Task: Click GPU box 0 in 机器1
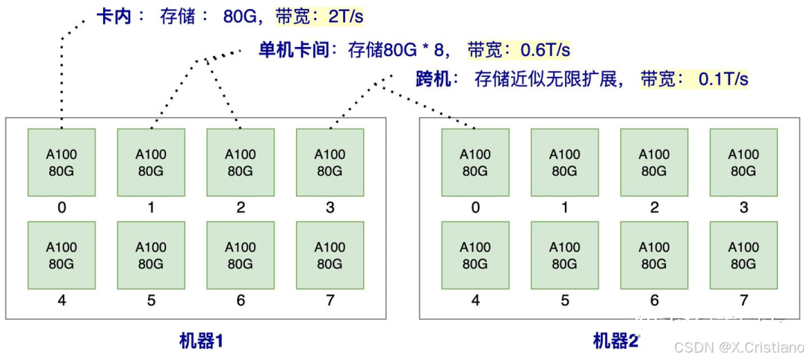pos(61,163)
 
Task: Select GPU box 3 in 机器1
pos(330,163)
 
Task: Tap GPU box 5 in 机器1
pos(151,255)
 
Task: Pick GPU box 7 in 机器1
pos(330,255)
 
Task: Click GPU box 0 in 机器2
pos(475,163)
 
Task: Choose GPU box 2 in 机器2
pos(654,163)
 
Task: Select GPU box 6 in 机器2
pos(654,255)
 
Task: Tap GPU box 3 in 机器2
pos(743,163)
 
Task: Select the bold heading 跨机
pos(434,78)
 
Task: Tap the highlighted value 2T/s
pos(346,16)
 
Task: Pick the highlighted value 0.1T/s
pos(723,78)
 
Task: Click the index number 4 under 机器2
pos(475,301)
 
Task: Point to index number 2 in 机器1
pos(241,208)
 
